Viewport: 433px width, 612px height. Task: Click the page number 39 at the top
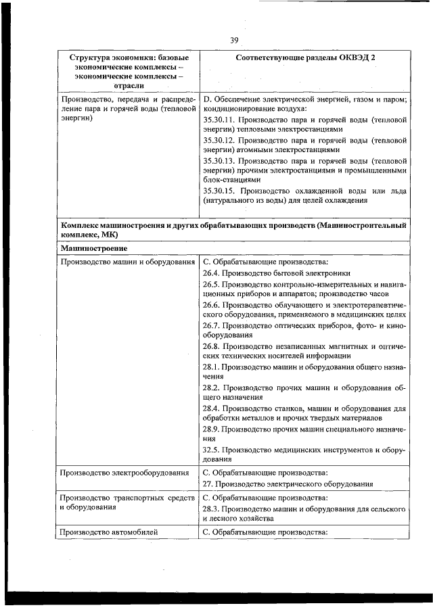(x=234, y=41)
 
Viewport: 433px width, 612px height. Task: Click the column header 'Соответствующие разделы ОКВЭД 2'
(x=306, y=58)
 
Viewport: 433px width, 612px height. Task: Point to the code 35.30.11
(x=218, y=119)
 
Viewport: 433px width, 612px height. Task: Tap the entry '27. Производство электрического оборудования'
(x=288, y=484)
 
